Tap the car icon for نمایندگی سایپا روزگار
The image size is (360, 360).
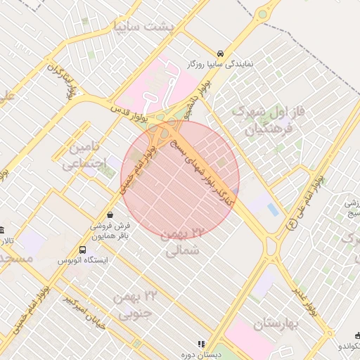click(221, 53)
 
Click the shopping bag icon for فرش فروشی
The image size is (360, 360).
click(110, 215)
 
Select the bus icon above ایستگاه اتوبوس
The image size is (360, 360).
click(83, 250)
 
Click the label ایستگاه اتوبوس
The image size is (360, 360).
click(84, 260)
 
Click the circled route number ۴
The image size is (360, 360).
click(291, 224)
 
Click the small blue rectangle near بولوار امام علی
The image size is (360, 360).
click(273, 209)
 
